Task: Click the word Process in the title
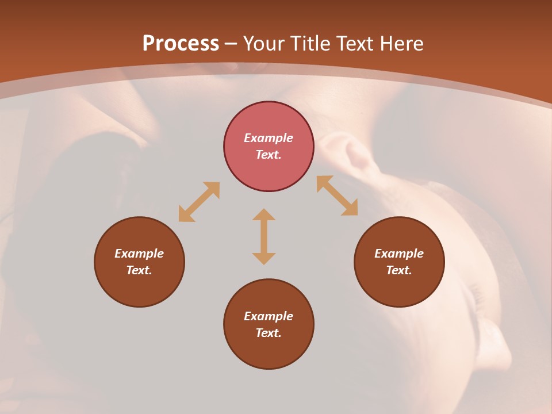point(181,44)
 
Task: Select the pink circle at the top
point(269,147)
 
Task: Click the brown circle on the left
point(139,262)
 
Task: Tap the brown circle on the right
point(399,262)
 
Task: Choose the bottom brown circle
point(269,324)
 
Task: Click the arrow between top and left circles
point(199,202)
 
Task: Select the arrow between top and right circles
point(337,195)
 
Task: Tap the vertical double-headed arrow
point(264,236)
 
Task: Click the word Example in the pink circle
point(269,138)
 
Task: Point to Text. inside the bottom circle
point(269,333)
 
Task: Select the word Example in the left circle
point(139,254)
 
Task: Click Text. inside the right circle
point(399,270)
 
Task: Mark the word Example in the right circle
point(399,254)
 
